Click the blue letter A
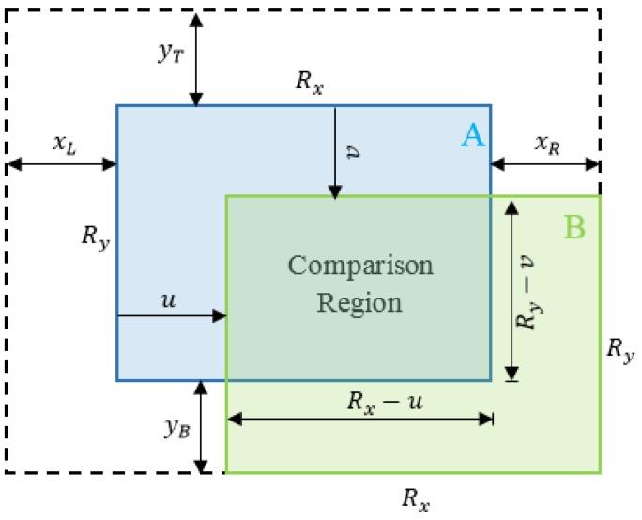472,137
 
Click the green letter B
574,226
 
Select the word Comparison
360,266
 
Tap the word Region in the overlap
359,303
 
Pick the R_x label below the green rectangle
416,498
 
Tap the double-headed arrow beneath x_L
62,165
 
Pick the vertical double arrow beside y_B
201,427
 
